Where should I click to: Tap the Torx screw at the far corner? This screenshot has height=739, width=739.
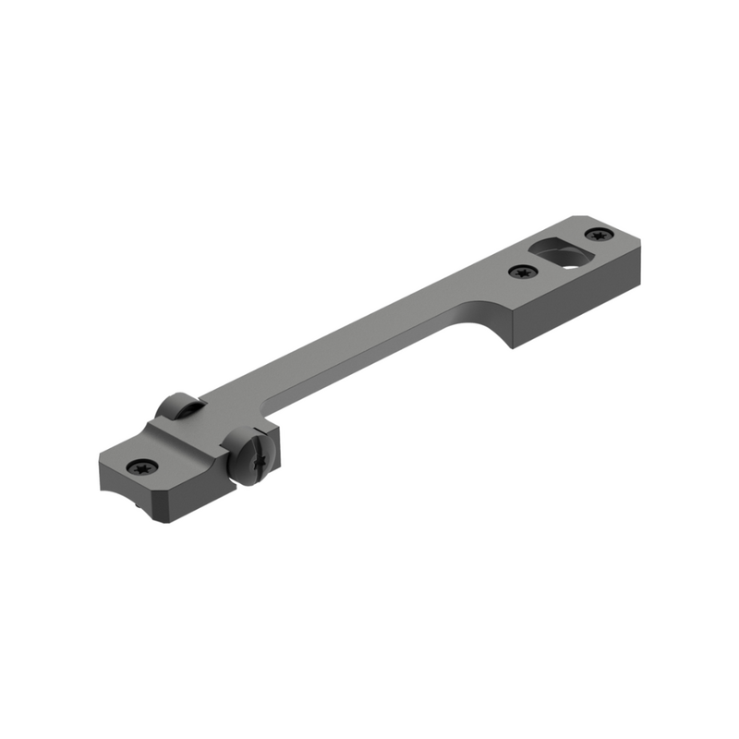602,233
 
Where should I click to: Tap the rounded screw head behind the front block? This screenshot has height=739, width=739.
176,406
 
